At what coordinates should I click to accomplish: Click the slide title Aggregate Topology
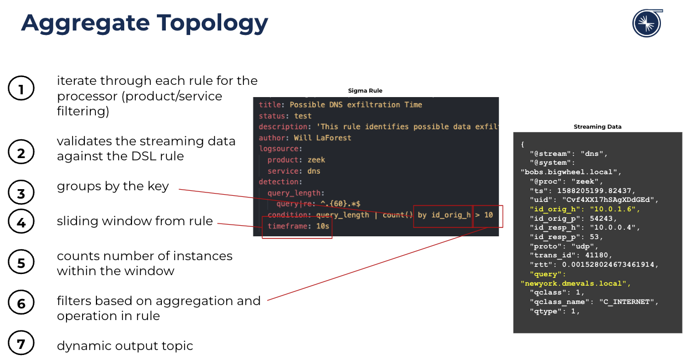pyautogui.click(x=145, y=23)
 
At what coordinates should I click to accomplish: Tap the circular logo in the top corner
pyautogui.click(x=647, y=23)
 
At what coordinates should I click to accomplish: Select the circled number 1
pyautogui.click(x=21, y=89)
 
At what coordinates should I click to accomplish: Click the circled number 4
pyautogui.click(x=21, y=221)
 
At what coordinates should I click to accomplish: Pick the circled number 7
pyautogui.click(x=21, y=344)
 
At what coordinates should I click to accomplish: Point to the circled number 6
pyautogui.click(x=21, y=303)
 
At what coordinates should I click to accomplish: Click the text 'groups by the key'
pyautogui.click(x=113, y=186)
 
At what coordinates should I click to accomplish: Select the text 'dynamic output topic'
pyautogui.click(x=125, y=346)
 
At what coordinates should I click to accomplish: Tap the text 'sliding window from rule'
pyautogui.click(x=135, y=221)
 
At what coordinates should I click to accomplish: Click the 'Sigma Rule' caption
pyautogui.click(x=365, y=90)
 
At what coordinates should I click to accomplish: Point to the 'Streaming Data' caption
pyautogui.click(x=597, y=126)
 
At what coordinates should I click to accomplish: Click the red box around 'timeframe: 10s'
pyautogui.click(x=297, y=227)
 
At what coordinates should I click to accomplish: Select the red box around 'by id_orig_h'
pyautogui.click(x=442, y=215)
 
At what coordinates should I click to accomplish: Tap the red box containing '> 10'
pyautogui.click(x=487, y=215)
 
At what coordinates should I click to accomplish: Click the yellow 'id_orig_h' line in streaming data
pyautogui.click(x=585, y=209)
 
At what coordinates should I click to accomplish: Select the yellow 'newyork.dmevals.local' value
pyautogui.click(x=576, y=283)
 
